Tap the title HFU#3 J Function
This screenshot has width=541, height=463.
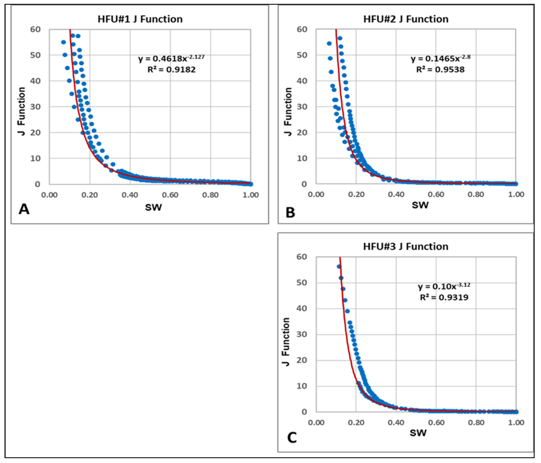coord(405,247)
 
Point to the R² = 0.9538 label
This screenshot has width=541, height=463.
coord(440,70)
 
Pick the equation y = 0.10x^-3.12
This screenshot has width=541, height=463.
coord(444,286)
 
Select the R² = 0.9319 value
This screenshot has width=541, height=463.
coord(444,297)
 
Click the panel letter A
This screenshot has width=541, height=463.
coord(24,209)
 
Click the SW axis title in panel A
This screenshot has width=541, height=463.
coord(153,207)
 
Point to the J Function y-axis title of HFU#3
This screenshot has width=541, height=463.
coord(286,342)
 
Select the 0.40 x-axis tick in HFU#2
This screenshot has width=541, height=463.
coord(396,194)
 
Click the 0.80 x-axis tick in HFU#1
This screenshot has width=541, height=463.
coord(210,195)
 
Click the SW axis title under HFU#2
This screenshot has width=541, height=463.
coord(420,205)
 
